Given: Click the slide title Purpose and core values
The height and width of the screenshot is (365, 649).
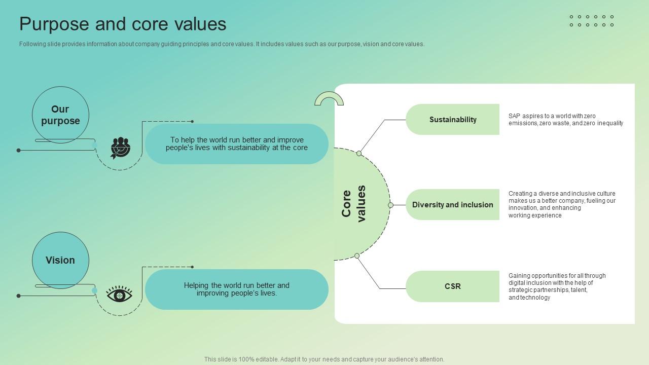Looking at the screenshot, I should (x=123, y=24).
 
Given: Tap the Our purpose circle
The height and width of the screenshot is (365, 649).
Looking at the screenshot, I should (x=60, y=115).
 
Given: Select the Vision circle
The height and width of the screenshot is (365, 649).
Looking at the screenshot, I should (x=60, y=260).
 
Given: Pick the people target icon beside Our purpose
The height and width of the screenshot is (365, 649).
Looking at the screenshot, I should (x=120, y=148).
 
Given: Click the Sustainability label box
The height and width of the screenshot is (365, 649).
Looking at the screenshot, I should (x=452, y=120).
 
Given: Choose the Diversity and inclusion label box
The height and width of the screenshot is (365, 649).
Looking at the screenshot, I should (x=452, y=205).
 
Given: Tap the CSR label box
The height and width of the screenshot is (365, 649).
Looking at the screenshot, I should (x=452, y=286).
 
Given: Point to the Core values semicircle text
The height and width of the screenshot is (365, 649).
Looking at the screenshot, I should (x=354, y=204).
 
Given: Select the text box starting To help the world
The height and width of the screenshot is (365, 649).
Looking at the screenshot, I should (x=237, y=144).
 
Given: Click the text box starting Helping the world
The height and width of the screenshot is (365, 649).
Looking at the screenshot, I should (x=237, y=289).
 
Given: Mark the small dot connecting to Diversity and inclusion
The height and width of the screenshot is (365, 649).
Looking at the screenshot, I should (x=390, y=205).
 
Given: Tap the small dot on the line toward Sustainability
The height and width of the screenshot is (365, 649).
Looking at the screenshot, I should (x=359, y=153).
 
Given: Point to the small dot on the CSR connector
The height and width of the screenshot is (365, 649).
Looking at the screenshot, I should (x=357, y=256).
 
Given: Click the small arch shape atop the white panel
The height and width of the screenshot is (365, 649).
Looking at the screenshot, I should (x=329, y=98).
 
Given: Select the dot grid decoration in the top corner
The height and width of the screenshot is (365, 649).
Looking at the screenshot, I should (x=592, y=21).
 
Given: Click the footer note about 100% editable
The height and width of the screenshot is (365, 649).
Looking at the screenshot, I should (x=324, y=359).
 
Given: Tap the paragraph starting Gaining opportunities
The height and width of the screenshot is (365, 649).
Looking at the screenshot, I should (x=557, y=286).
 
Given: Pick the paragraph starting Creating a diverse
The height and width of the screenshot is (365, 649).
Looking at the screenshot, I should (x=562, y=204).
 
